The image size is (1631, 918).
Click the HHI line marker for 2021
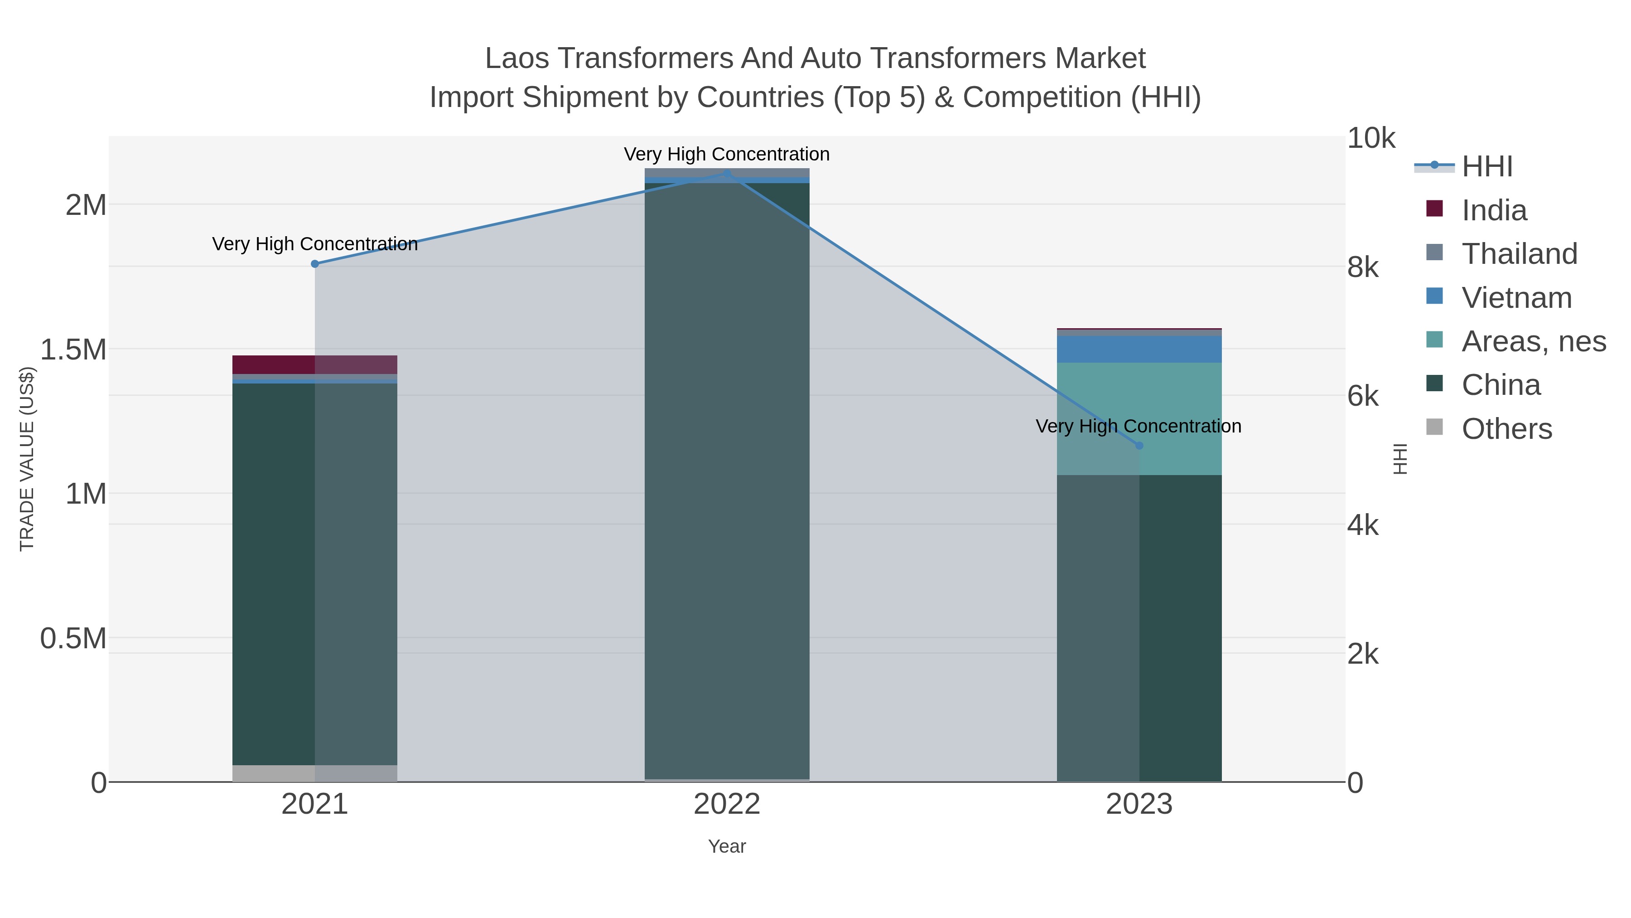click(315, 263)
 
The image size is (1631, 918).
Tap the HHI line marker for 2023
click(1139, 445)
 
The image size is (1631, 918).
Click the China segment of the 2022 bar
click(727, 481)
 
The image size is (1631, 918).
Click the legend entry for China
click(1500, 385)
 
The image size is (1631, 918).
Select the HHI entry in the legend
click(1486, 167)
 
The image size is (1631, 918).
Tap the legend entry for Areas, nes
click(1533, 341)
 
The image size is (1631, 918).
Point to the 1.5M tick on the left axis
click(73, 350)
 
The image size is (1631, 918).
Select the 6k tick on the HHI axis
click(1362, 397)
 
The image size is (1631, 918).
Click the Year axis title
click(727, 846)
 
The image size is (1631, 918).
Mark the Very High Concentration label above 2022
click(726, 154)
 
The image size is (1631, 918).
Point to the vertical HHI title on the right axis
click(1400, 459)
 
